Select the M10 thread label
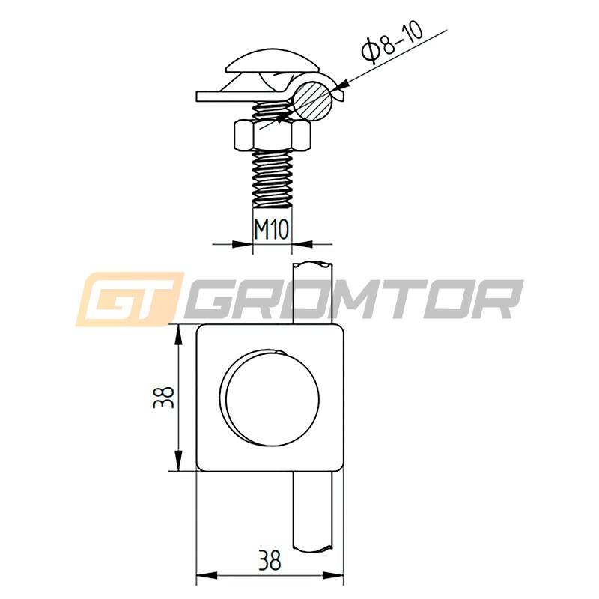click(x=272, y=230)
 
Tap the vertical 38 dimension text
click(x=163, y=398)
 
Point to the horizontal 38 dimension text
click(x=270, y=560)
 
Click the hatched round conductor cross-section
click(x=313, y=101)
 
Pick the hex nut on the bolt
click(x=273, y=136)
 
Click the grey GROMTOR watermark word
click(x=353, y=299)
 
